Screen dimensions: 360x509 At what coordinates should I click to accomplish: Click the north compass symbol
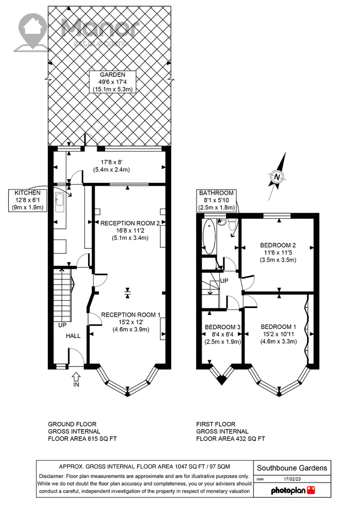pyautogui.click(x=277, y=177)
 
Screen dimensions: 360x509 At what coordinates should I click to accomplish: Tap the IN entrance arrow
pyautogui.click(x=76, y=377)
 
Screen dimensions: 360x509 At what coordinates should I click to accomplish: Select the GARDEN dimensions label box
pyautogui.click(x=113, y=82)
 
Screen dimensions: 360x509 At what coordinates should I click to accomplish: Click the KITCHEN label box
pyautogui.click(x=27, y=200)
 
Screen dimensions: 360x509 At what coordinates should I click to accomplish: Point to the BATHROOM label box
pyautogui.click(x=216, y=200)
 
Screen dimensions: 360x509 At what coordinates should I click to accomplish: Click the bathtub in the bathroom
pyautogui.click(x=209, y=236)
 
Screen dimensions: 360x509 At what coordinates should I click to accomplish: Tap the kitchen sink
pyautogui.click(x=60, y=203)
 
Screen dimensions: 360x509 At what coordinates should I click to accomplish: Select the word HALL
pyautogui.click(x=73, y=336)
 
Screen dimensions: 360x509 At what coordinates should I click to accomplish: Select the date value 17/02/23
pyautogui.click(x=292, y=479)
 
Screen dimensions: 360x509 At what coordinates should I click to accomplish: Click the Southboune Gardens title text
pyautogui.click(x=292, y=468)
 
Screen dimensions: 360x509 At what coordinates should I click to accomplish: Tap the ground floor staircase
pyautogui.click(x=62, y=294)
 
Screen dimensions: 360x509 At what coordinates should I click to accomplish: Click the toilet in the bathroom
pyautogui.click(x=232, y=223)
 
